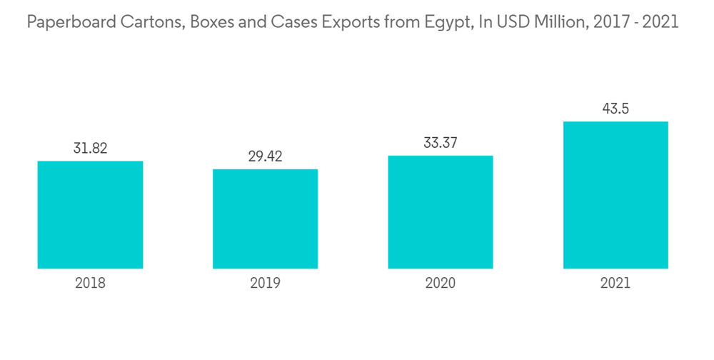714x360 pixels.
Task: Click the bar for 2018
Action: point(90,214)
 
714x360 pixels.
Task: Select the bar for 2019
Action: point(265,219)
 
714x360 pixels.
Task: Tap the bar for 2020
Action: point(440,211)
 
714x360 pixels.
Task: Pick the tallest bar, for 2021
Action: point(615,195)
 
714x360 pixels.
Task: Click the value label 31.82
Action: point(90,149)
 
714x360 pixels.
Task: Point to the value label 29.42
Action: point(265,157)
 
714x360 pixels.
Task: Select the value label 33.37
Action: point(440,144)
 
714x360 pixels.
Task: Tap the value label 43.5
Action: point(615,109)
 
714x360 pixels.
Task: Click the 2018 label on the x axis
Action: point(90,283)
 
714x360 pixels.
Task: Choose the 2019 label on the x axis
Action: point(265,283)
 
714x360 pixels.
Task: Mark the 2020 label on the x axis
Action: point(440,283)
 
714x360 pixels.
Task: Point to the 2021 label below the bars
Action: point(615,283)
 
